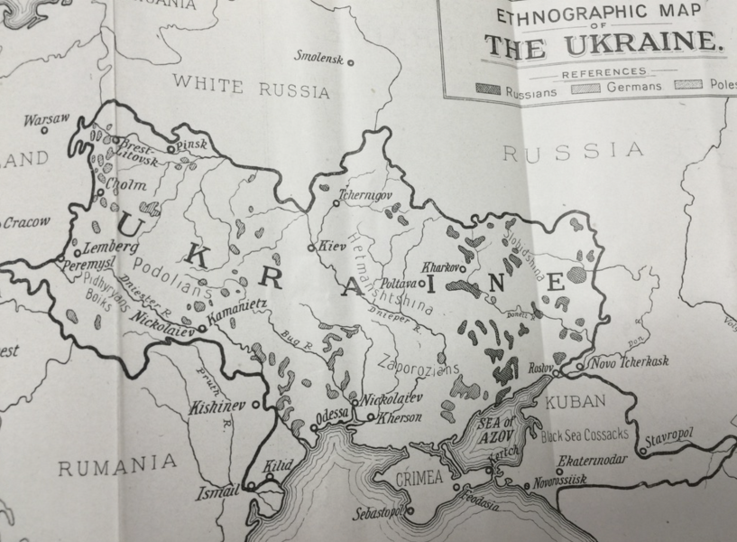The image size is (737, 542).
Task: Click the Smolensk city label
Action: (x=319, y=57)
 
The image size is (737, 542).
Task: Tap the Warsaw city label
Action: (x=40, y=118)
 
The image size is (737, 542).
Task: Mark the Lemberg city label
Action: (x=108, y=246)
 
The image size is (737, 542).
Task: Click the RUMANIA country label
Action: (x=117, y=464)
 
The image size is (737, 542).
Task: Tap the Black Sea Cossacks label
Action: (x=584, y=436)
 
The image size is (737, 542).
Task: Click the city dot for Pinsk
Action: (x=170, y=148)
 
